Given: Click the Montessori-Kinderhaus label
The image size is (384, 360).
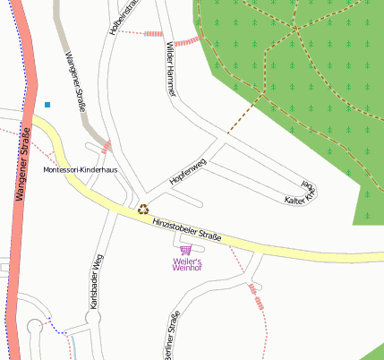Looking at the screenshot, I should coord(80,170).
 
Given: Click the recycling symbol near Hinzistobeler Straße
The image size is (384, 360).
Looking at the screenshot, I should coord(142,210).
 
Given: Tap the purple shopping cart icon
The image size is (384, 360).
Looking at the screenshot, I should coord(186,250).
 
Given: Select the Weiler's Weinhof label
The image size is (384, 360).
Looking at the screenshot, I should coord(186,263).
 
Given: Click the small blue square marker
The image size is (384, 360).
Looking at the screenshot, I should coord(47,105).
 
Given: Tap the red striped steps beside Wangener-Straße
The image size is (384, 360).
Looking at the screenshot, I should coord(107,146).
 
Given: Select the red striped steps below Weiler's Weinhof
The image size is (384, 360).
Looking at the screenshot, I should coord(260,302).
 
